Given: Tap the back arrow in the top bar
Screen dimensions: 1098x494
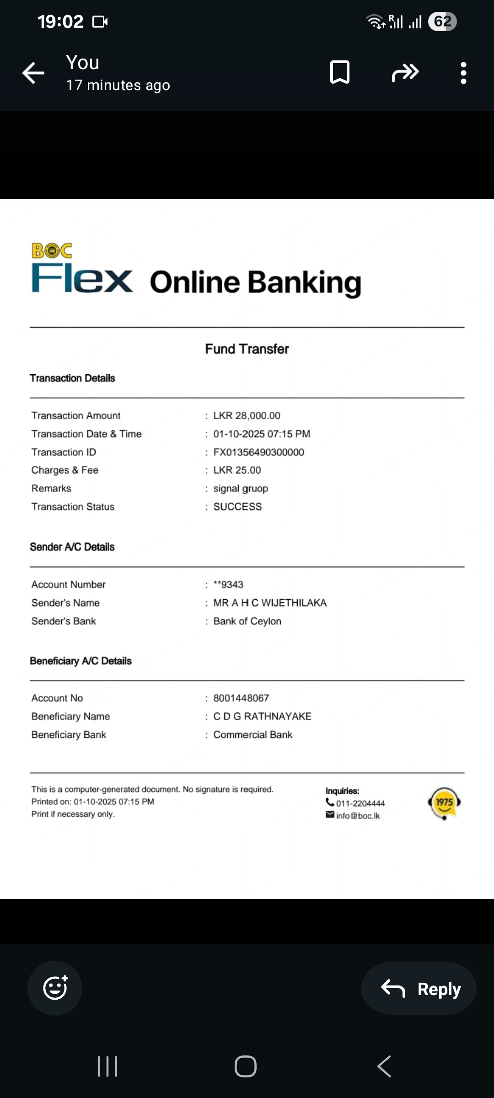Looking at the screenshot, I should point(33,73).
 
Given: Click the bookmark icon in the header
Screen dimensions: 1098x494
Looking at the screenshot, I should point(340,72).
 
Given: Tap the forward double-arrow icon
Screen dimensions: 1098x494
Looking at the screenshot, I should point(405,73).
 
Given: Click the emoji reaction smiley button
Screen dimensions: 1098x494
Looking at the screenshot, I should point(55,988).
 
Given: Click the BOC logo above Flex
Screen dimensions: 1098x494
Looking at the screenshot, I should point(52,251).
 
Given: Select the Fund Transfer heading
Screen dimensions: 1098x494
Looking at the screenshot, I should point(247,349).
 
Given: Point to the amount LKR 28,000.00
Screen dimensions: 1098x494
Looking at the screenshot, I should point(247,415).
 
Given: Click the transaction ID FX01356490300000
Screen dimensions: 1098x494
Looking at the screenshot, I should point(258,452).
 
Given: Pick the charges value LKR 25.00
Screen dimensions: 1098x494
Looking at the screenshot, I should point(237,470).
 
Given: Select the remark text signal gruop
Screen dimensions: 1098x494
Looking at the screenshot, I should point(241,489).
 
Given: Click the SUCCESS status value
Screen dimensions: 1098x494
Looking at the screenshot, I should point(237,507).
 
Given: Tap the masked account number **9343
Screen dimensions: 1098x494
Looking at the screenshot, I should point(228,585).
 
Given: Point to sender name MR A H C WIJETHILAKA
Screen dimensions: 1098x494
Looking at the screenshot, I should point(270,603).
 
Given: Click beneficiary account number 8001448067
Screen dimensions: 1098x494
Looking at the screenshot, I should point(241,698).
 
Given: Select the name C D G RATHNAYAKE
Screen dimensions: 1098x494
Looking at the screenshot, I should point(262,716).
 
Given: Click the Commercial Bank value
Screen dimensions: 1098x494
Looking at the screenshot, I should point(252,735).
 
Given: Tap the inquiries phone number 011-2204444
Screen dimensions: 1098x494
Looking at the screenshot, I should point(360,803).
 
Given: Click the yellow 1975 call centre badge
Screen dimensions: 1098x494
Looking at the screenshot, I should point(444,803).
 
